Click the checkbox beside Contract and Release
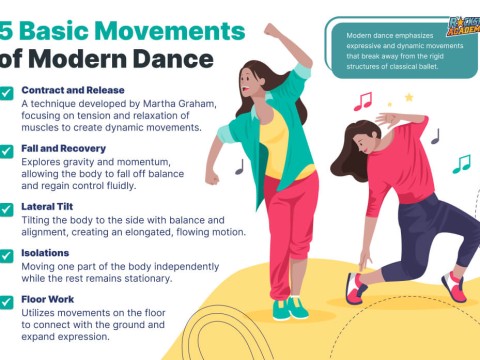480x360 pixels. [x=8, y=93]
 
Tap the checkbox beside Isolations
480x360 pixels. [x=8, y=255]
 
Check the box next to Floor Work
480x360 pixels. [x=8, y=300]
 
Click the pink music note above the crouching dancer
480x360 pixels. [x=363, y=101]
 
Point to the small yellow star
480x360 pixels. [x=407, y=97]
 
